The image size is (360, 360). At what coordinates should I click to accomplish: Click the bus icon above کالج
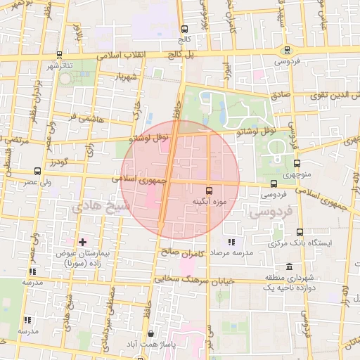click(184, 30)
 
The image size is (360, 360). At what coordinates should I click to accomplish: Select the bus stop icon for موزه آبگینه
click(209, 191)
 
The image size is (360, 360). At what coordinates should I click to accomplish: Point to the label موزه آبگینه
click(208, 202)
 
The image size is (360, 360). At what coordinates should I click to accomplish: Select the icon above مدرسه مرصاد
click(231, 242)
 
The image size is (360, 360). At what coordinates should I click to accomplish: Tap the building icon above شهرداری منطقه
click(290, 267)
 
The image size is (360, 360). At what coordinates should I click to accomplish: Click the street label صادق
click(280, 92)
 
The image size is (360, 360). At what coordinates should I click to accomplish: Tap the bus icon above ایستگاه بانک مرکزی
click(300, 232)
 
